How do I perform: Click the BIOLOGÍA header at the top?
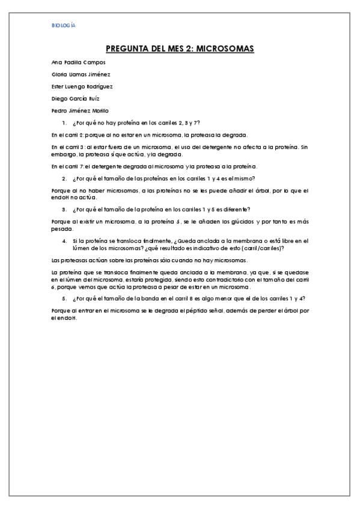click(x=64, y=26)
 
